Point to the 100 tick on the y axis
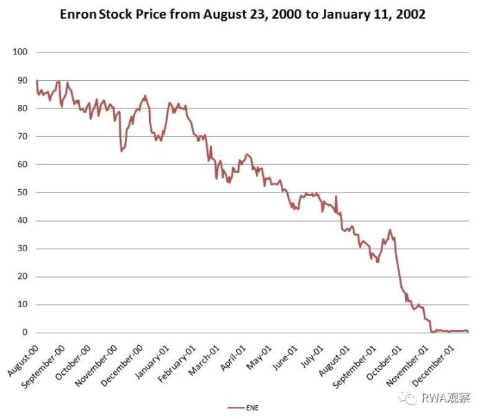(x=20, y=52)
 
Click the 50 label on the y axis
(x=22, y=193)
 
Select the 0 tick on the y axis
(x=25, y=333)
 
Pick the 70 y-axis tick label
(x=22, y=137)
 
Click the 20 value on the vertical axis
(x=22, y=277)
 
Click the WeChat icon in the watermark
(x=411, y=398)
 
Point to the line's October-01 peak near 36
(x=390, y=230)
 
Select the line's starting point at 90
(x=37, y=81)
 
